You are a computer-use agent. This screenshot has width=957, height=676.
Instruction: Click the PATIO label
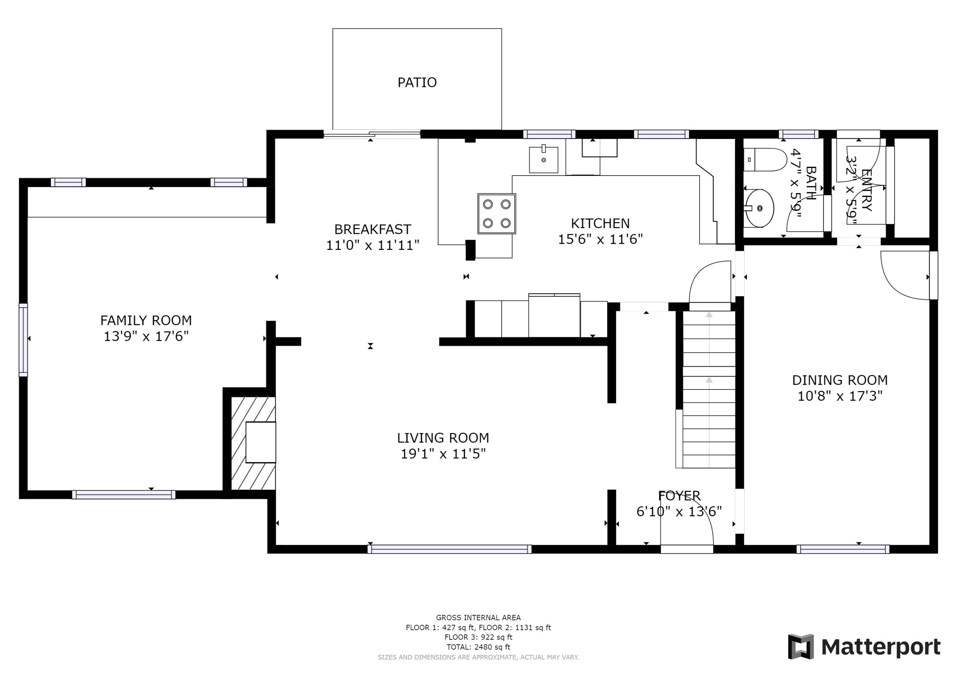click(x=417, y=83)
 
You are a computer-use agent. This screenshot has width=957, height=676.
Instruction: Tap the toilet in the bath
click(x=765, y=160)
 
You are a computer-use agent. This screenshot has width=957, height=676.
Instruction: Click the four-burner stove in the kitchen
click(x=496, y=213)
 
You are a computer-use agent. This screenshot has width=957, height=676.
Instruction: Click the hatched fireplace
click(x=253, y=443)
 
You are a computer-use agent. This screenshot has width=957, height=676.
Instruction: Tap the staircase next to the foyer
click(x=708, y=389)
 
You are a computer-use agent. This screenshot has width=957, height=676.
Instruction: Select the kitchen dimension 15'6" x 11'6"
click(x=600, y=239)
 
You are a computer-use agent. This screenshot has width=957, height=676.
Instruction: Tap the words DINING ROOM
click(x=840, y=380)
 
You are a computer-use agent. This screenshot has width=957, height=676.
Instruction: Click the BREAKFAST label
click(x=373, y=229)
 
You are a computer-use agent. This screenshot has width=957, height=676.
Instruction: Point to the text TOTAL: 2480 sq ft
click(x=478, y=647)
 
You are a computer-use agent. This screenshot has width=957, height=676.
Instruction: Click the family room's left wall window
click(x=23, y=340)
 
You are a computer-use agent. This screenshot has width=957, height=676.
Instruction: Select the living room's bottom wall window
click(x=449, y=549)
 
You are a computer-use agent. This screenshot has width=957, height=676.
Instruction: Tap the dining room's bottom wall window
click(x=843, y=549)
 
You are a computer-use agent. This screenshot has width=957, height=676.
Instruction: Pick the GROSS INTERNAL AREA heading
click(x=478, y=618)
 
